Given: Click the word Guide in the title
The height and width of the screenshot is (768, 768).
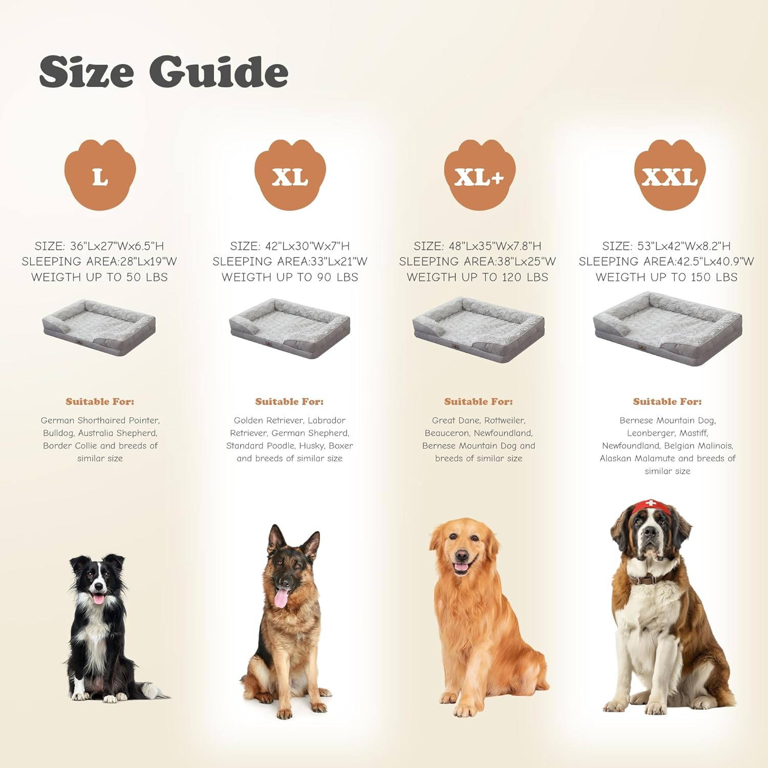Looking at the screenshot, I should point(219,72).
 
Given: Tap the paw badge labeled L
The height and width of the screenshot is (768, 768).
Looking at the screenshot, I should point(100,175).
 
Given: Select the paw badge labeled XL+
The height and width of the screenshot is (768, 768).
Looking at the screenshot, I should point(479,175).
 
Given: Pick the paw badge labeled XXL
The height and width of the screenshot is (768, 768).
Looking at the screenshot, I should point(670,175).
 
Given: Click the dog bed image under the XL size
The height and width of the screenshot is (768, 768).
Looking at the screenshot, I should point(290,328).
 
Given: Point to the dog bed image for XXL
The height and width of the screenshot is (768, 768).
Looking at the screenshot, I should point(668,328).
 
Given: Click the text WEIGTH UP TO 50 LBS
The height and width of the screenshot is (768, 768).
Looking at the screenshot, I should point(99,277).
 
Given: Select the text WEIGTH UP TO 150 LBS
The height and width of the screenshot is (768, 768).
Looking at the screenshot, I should point(667,277).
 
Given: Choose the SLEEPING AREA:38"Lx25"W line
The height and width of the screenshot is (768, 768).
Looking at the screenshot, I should point(477,262).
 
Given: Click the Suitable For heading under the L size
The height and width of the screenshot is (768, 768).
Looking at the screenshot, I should point(100,401).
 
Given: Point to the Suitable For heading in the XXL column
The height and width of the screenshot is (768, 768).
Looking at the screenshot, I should point(667,401).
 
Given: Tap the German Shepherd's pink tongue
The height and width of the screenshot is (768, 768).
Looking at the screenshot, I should point(281,598).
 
